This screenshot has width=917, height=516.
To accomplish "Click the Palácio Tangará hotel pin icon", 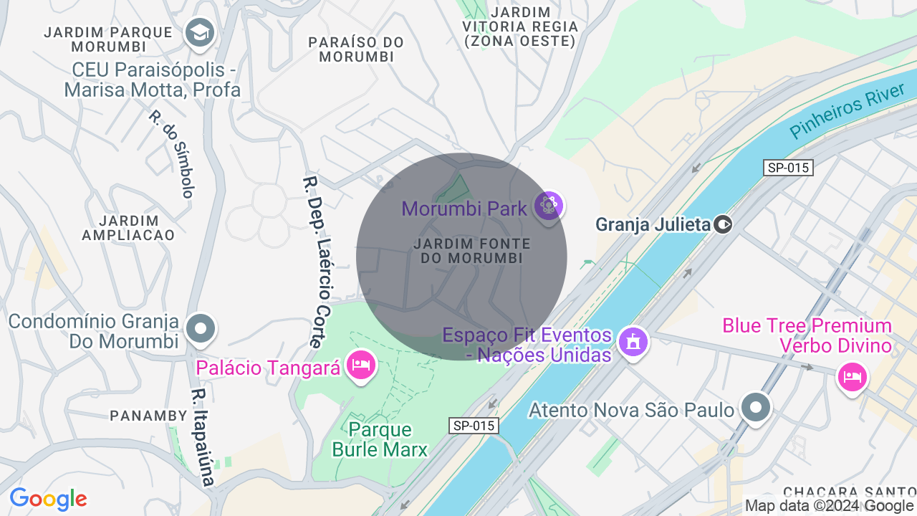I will [360, 365].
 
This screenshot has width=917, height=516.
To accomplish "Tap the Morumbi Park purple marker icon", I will [549, 206].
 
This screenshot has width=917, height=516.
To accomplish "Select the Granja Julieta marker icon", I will [723, 224].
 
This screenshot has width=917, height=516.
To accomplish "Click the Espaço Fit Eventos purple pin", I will [633, 343].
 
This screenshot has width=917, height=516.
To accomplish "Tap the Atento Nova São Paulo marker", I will [755, 408].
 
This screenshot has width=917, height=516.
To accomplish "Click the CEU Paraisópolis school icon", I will [200, 32].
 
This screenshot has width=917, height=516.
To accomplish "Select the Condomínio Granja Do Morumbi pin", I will [201, 329].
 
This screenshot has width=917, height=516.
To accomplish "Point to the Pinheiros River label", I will [848, 112].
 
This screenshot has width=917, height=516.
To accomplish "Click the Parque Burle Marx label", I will [380, 439].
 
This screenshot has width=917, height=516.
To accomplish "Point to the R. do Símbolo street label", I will [172, 153].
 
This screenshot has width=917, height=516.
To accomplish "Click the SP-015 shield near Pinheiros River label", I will [788, 168].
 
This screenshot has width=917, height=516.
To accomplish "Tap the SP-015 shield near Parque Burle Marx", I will [474, 426].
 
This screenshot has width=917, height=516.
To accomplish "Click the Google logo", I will [49, 499].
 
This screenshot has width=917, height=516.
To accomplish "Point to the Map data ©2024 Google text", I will [829, 506].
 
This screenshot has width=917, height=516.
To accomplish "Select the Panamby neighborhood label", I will [148, 415].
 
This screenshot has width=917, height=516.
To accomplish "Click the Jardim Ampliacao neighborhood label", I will [128, 227].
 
